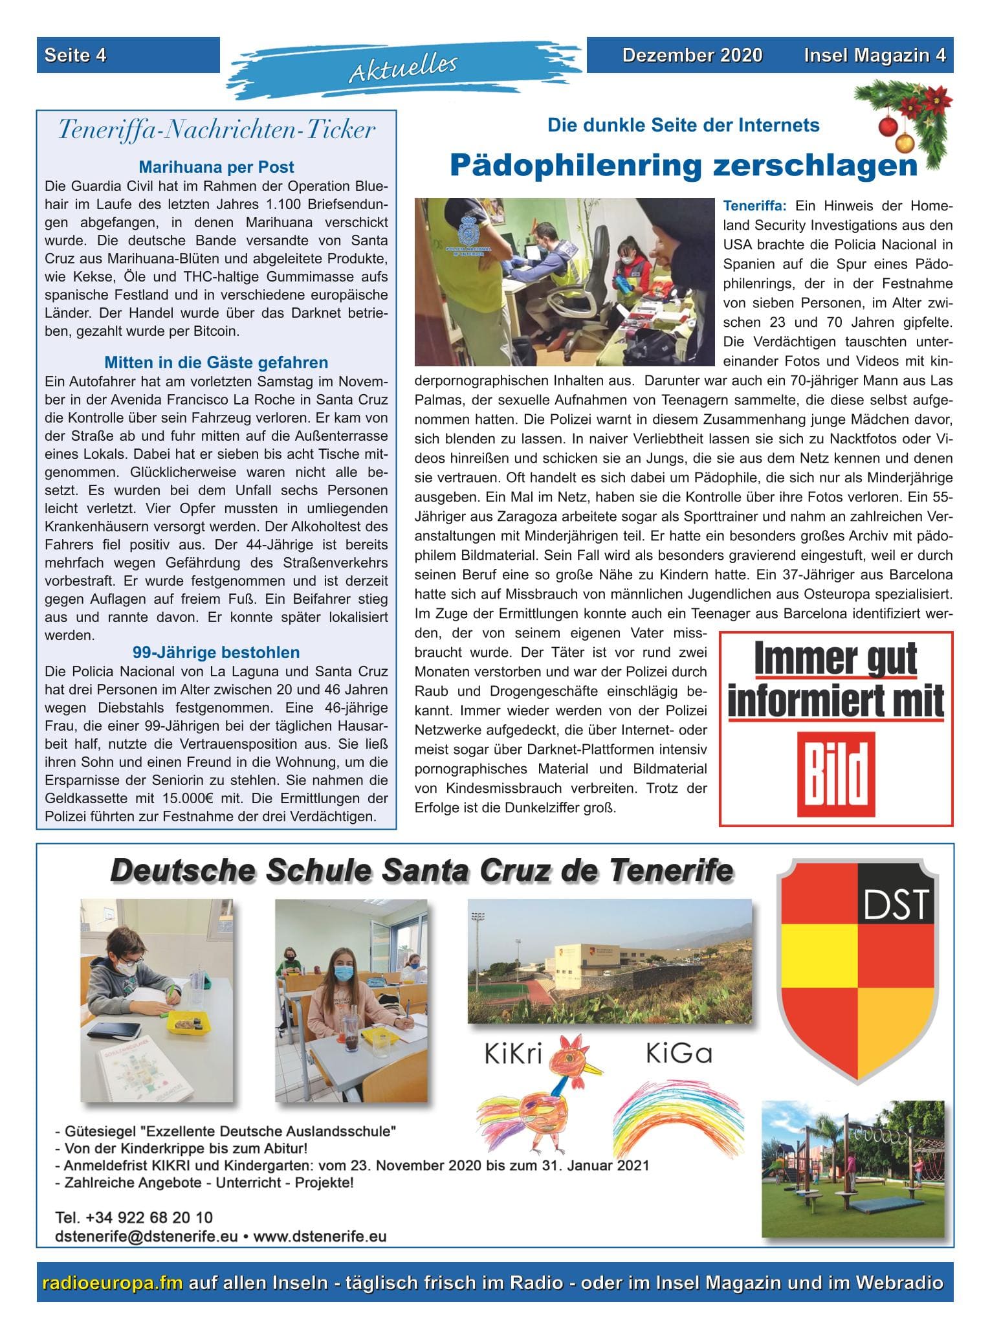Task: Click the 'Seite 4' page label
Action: pos(75,56)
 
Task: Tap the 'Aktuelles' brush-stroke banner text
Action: pos(403,67)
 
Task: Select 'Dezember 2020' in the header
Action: pos(692,56)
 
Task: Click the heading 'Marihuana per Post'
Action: pos(216,167)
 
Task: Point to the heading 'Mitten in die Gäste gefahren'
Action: pos(216,362)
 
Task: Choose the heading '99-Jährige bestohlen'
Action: pos(216,652)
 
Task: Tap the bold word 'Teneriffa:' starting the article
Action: pos(754,206)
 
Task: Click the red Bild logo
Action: pos(836,775)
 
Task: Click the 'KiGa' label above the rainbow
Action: pos(679,1054)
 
